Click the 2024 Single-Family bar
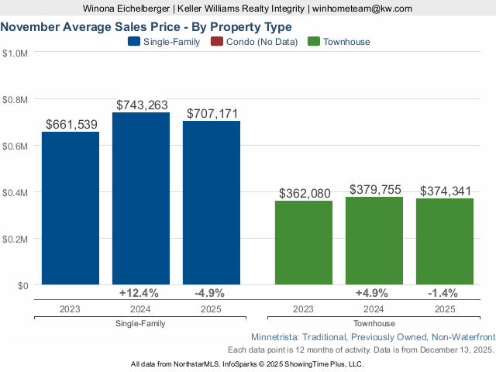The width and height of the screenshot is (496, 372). pos(141,199)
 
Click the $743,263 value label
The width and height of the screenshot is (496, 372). pos(142,105)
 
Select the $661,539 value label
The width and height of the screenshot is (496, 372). pos(71,124)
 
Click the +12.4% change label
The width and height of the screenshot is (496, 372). pos(139,293)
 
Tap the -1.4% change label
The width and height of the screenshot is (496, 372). pos(443,293)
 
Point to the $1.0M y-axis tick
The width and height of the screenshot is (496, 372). pos(15,53)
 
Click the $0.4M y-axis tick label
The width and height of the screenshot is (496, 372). pos(15,192)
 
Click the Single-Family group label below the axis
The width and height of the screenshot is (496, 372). pos(141,323)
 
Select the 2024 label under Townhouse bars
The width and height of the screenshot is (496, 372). pos(374,308)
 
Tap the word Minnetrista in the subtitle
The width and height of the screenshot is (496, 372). pos(279,337)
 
